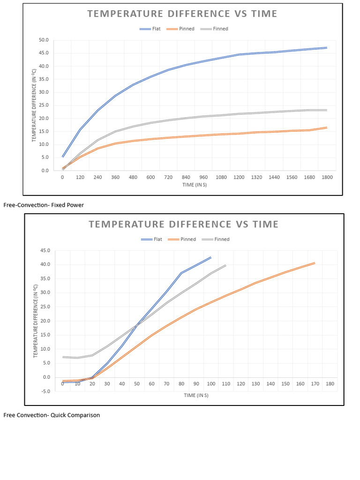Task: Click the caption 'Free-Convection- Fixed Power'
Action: click(x=44, y=205)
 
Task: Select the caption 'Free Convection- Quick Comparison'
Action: click(x=52, y=415)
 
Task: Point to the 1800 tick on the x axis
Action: click(x=327, y=178)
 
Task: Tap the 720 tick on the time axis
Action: click(x=168, y=178)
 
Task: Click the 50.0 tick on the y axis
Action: click(x=44, y=40)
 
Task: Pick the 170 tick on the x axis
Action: click(x=315, y=384)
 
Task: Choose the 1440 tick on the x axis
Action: click(x=274, y=178)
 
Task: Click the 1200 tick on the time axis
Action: click(x=239, y=178)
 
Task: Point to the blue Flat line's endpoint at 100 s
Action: click(x=211, y=257)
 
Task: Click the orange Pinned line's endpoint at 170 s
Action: click(x=315, y=263)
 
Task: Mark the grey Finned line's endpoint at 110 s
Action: click(x=225, y=265)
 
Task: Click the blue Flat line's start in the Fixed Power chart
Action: click(x=63, y=157)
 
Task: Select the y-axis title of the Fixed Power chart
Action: click(x=34, y=105)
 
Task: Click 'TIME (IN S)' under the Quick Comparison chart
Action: click(x=196, y=395)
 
